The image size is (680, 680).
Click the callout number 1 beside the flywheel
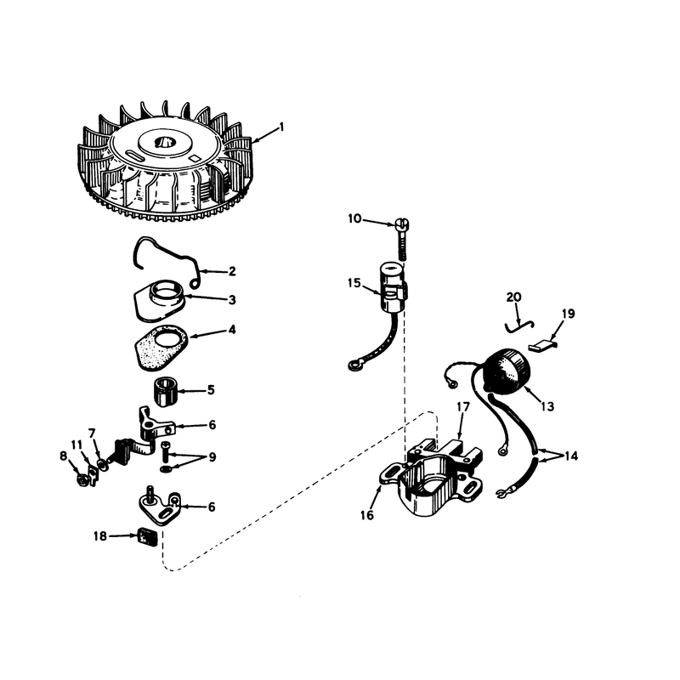282,127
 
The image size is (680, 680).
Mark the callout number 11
76,445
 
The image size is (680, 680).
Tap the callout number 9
212,457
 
